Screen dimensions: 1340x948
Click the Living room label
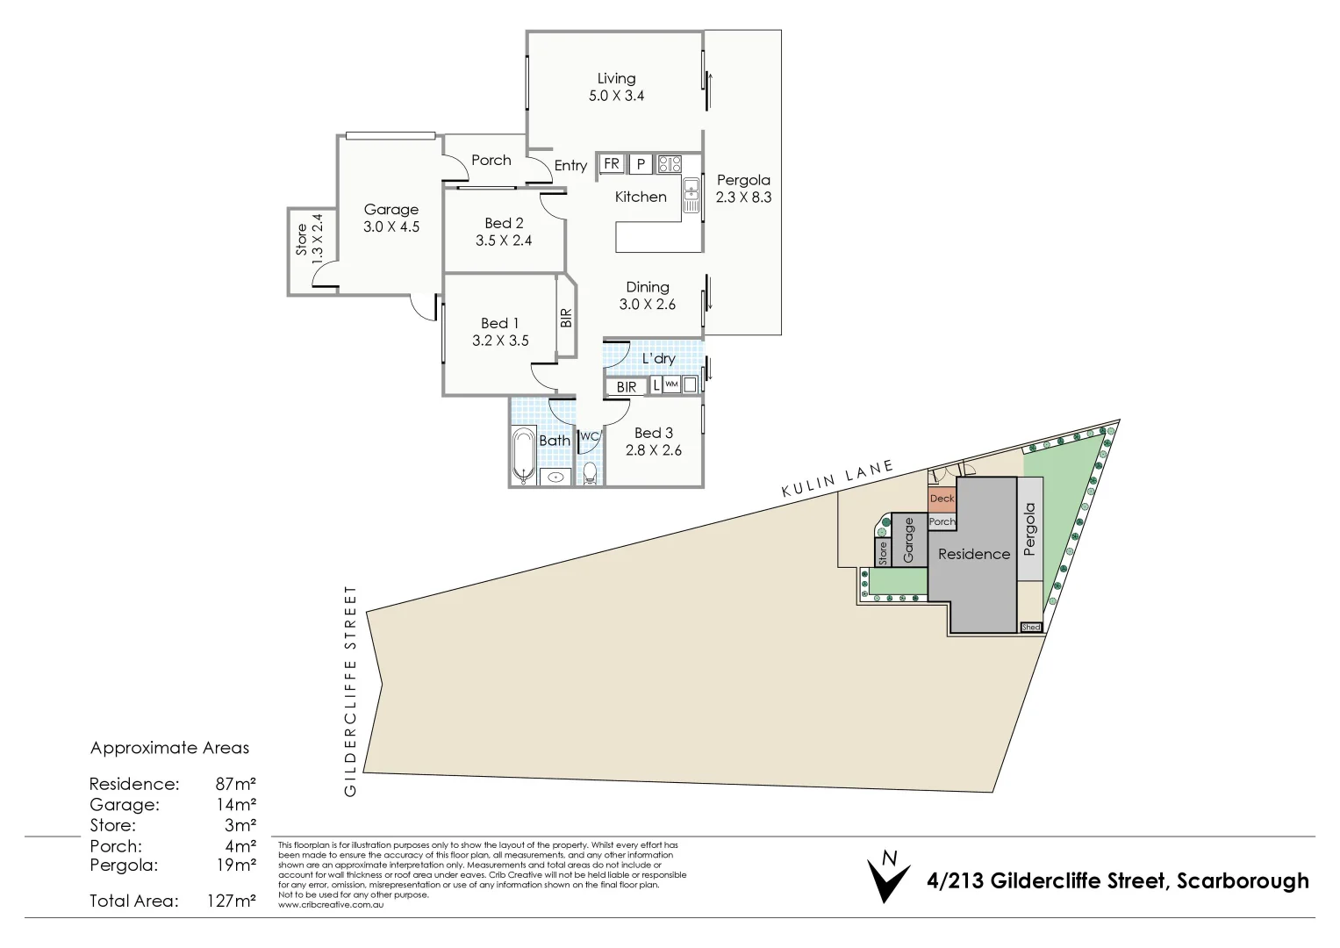[616, 79]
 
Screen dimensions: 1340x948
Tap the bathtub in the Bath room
[525, 455]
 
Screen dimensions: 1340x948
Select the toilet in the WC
[590, 474]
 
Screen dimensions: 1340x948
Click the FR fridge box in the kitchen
[612, 164]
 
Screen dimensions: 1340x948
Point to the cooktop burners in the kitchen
[670, 164]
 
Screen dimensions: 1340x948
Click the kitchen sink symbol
[691, 195]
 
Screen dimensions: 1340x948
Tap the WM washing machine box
[671, 384]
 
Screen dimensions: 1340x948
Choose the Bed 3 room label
[653, 433]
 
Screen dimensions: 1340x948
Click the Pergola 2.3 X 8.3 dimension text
[743, 197]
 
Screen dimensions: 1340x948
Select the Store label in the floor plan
[302, 240]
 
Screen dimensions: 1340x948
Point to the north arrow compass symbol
[888, 878]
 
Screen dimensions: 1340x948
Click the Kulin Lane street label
[837, 479]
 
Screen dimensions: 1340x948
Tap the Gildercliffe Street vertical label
[351, 691]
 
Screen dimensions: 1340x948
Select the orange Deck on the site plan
[942, 499]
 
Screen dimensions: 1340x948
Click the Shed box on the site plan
[1031, 627]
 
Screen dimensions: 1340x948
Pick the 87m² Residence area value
[235, 784]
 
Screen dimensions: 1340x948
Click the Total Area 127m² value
[232, 901]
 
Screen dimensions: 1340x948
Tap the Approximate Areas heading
[169, 748]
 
